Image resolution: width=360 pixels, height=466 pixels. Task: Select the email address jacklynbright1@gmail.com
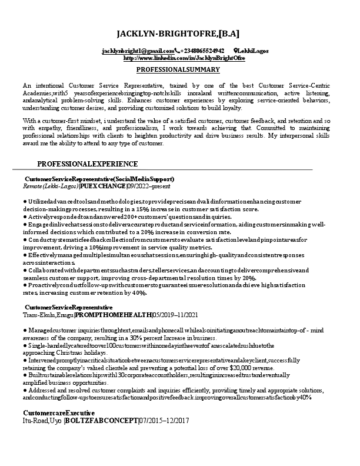(x=137, y=52)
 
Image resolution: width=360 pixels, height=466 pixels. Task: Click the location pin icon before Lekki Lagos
(x=236, y=52)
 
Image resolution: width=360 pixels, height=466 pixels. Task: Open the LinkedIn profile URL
(x=184, y=58)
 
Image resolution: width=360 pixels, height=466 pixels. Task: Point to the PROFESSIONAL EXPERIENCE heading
(x=88, y=164)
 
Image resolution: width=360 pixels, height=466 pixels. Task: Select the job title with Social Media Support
(x=100, y=179)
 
